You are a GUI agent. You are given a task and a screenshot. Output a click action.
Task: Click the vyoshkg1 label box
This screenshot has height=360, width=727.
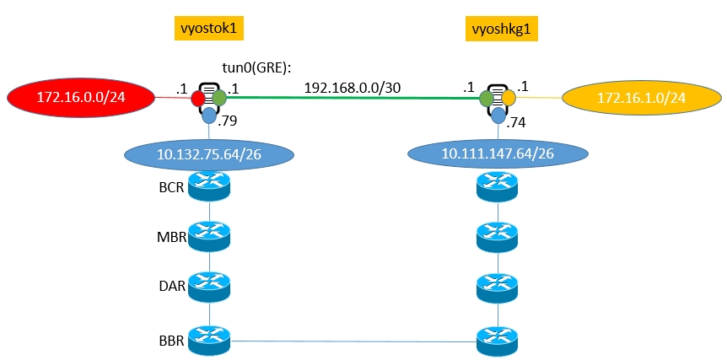pyautogui.click(x=502, y=31)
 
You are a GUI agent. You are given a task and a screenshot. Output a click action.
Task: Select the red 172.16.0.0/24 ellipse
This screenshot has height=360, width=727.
pyautogui.click(x=80, y=99)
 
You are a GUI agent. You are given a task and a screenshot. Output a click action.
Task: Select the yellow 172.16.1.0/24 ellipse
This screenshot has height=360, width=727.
pyautogui.click(x=640, y=99)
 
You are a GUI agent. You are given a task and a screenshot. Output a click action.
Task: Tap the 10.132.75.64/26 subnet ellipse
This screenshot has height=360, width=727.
pyautogui.click(x=208, y=155)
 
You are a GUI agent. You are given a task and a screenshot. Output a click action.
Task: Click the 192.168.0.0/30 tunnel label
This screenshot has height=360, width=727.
pyautogui.click(x=352, y=86)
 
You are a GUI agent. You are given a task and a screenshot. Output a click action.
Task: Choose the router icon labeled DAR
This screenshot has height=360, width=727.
pyautogui.click(x=209, y=287)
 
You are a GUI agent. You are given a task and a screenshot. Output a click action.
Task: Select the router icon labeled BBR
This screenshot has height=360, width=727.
pyautogui.click(x=209, y=341)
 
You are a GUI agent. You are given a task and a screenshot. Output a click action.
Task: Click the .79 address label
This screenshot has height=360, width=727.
pyautogui.click(x=228, y=122)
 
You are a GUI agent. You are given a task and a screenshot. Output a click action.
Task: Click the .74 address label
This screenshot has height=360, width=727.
pyautogui.click(x=518, y=122)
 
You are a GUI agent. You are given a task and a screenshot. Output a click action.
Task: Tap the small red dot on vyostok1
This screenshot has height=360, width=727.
pyautogui.click(x=198, y=99)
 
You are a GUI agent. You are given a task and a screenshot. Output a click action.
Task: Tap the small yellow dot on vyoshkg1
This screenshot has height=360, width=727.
pyautogui.click(x=509, y=99)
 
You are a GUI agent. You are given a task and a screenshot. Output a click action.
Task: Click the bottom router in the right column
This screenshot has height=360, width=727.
pyautogui.click(x=498, y=341)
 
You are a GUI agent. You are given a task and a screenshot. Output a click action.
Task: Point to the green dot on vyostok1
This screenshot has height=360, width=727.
pyautogui.click(x=220, y=99)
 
